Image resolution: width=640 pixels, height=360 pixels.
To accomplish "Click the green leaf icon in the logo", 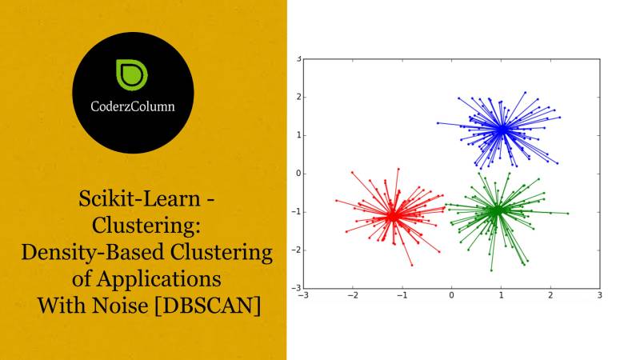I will click(130, 73).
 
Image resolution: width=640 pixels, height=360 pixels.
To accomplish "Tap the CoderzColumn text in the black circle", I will click(133, 105).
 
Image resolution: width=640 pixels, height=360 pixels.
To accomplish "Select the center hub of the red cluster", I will click(392, 215).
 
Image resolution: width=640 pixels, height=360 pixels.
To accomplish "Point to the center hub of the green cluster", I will click(496, 210).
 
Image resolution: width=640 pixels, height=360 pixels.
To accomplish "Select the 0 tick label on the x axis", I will click(452, 296).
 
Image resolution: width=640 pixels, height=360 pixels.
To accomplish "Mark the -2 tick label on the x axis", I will click(352, 296).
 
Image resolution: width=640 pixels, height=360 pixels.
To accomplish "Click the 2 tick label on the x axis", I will click(550, 296).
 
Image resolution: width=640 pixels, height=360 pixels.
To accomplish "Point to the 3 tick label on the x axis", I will click(600, 296).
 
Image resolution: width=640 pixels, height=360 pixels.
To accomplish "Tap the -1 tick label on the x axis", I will click(402, 296).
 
